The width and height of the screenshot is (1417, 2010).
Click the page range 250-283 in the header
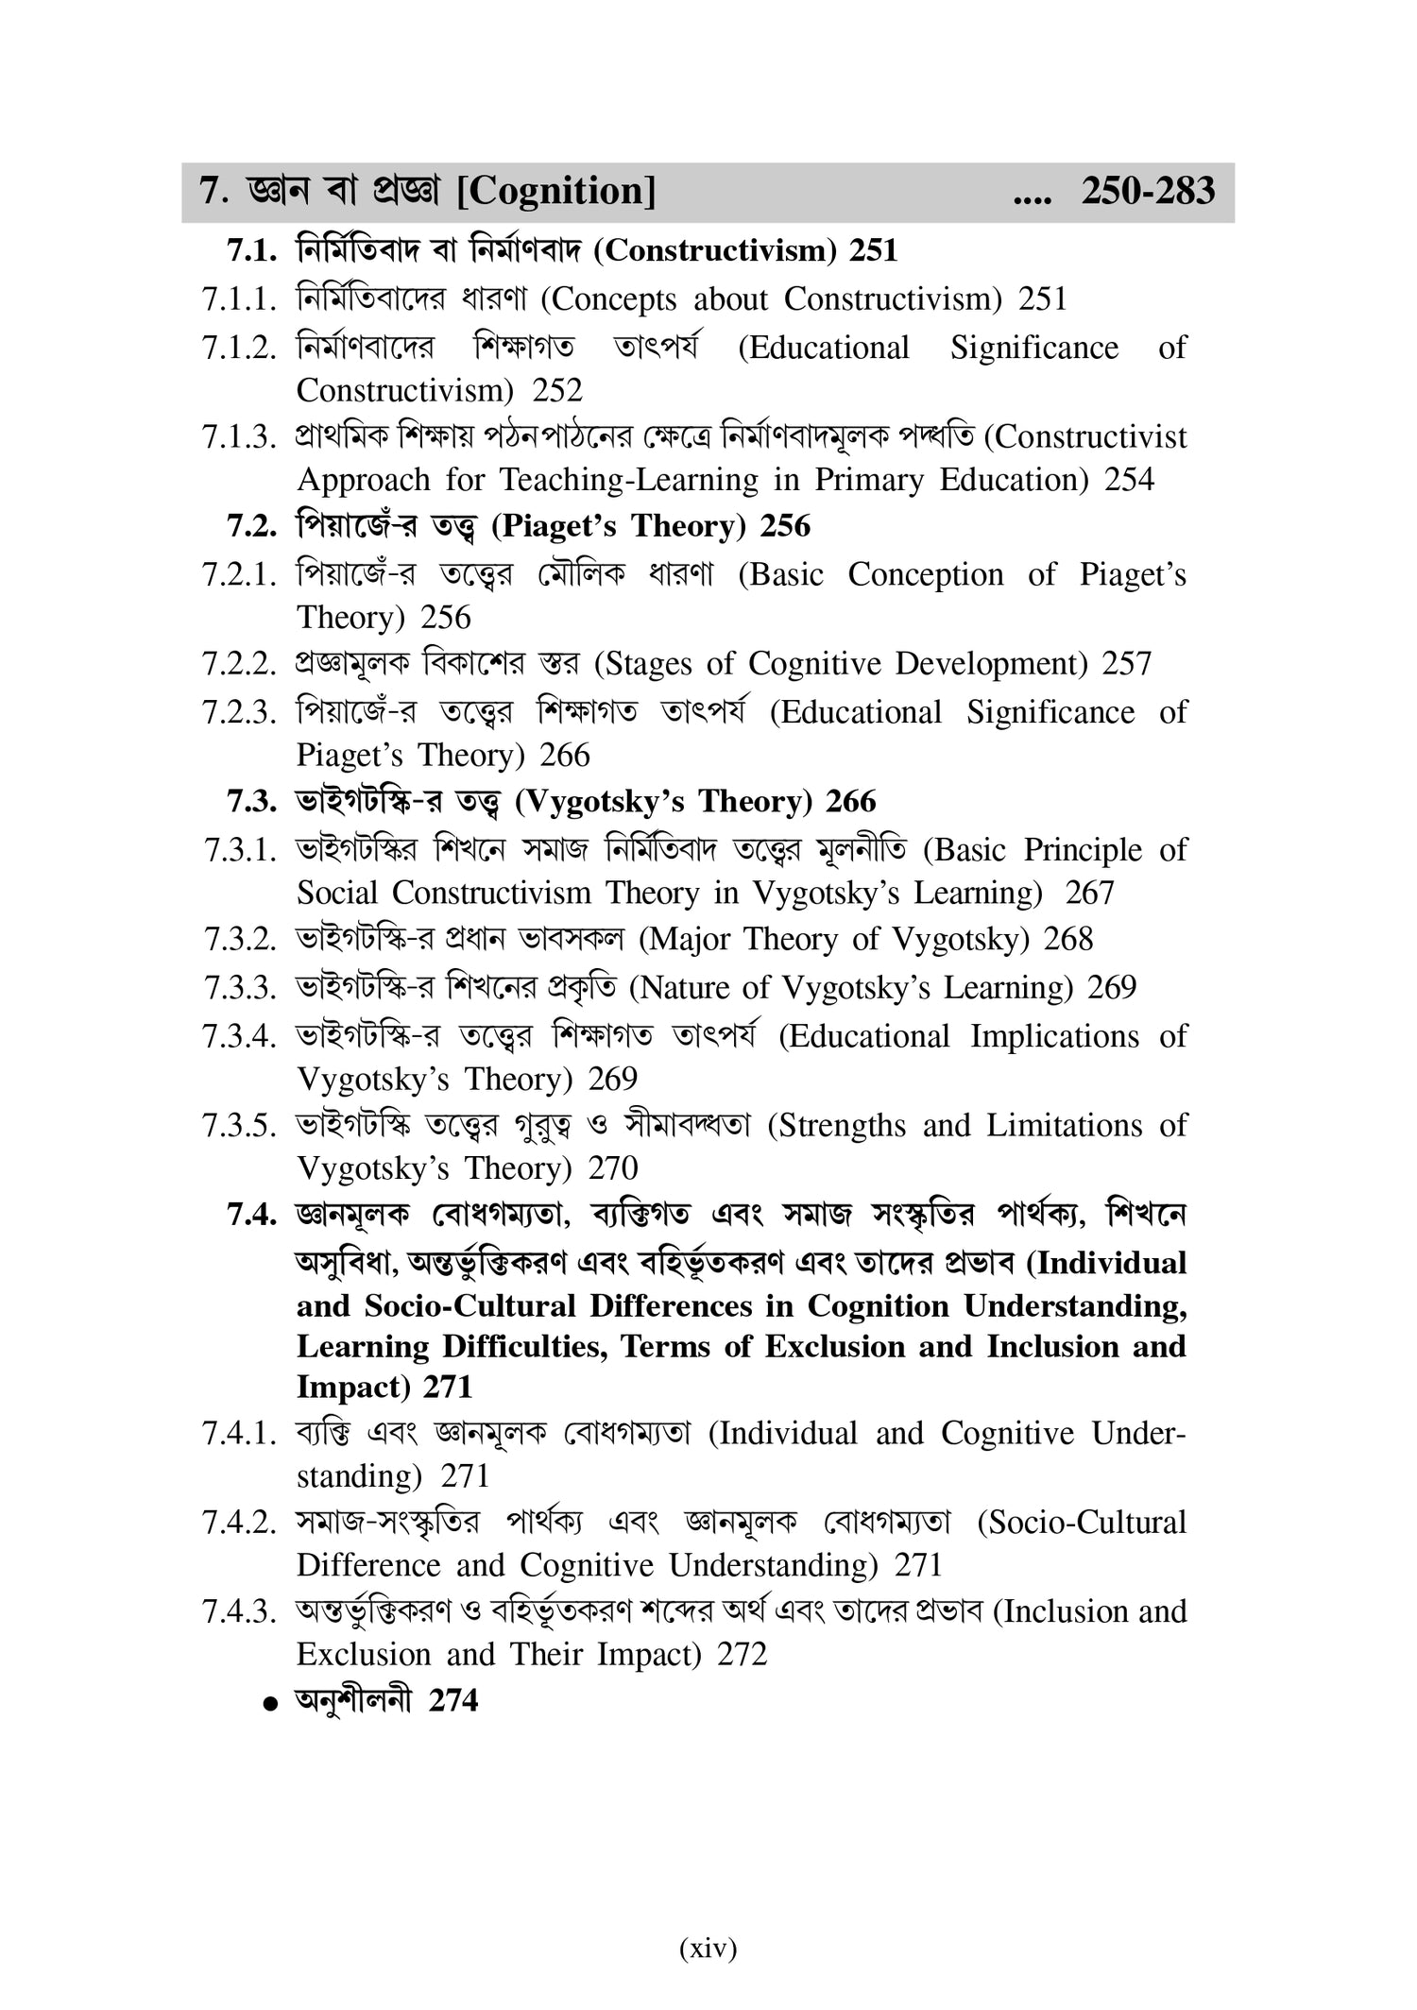click(1148, 192)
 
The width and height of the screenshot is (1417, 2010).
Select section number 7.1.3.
click(238, 438)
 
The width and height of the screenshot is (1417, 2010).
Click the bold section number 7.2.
click(251, 526)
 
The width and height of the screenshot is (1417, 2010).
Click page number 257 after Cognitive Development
click(1127, 664)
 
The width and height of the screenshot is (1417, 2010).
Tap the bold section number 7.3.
click(251, 802)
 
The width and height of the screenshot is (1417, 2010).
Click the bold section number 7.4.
click(251, 1215)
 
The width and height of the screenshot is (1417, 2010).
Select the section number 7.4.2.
click(238, 1524)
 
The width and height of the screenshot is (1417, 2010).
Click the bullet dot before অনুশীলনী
click(272, 1704)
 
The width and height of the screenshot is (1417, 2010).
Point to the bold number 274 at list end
click(453, 1701)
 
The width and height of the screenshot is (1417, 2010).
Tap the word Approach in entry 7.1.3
click(363, 481)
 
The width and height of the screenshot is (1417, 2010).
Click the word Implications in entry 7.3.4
click(1054, 1037)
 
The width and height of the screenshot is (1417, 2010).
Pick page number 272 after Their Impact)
click(743, 1655)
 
